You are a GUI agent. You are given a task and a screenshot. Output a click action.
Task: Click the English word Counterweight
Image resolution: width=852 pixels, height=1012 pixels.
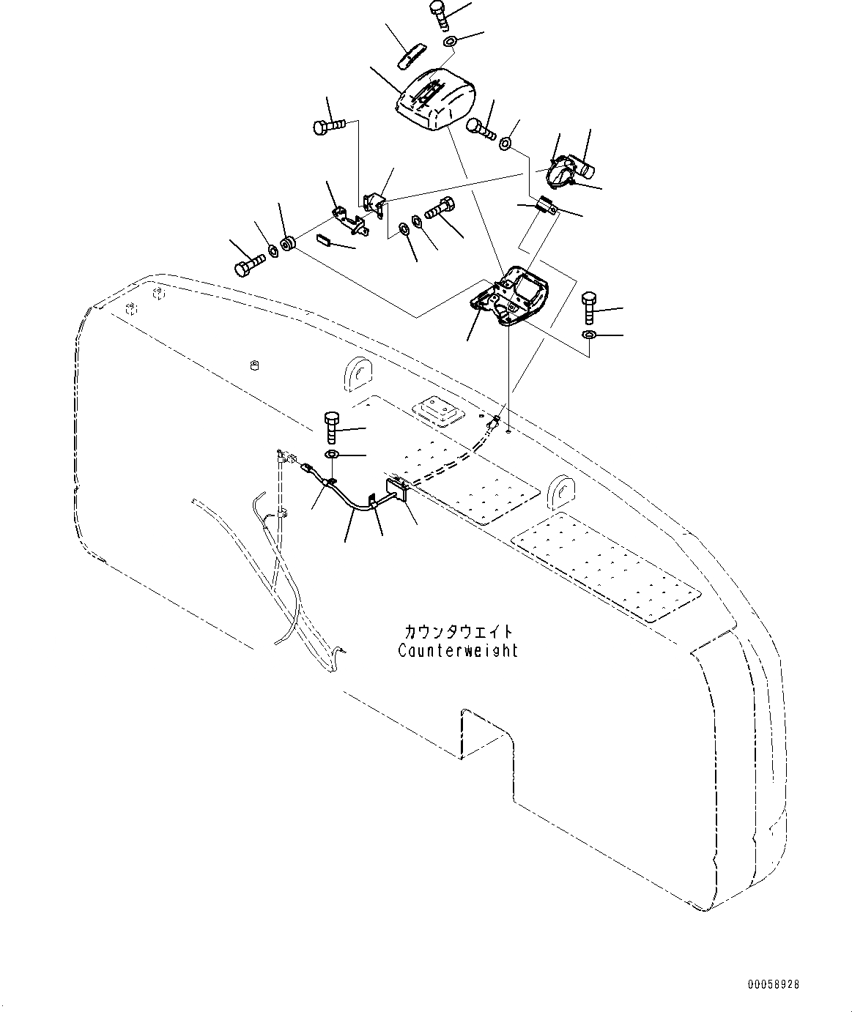(458, 650)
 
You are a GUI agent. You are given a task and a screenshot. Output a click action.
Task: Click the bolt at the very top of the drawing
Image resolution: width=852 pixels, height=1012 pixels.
(437, 12)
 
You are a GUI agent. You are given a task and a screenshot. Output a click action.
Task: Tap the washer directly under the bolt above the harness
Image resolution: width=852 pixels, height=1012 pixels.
(332, 456)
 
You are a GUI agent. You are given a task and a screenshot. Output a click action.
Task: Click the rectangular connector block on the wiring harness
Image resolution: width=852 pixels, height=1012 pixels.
(396, 487)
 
